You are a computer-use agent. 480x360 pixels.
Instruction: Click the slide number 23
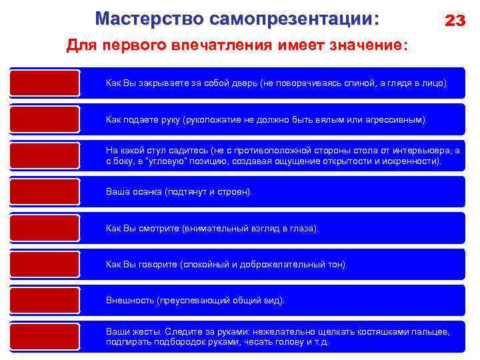pos(455,21)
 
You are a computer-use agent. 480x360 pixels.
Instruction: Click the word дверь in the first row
pos(237,84)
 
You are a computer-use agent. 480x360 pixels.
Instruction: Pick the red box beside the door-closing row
pos(45,83)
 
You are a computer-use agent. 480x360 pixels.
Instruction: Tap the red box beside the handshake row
pos(45,119)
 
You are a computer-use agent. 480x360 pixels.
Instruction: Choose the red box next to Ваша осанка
pos(45,192)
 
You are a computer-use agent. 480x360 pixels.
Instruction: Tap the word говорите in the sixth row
pos(158,265)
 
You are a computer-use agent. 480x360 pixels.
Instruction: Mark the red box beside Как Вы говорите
pos(45,265)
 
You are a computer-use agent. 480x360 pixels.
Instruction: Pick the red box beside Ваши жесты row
pos(45,337)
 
